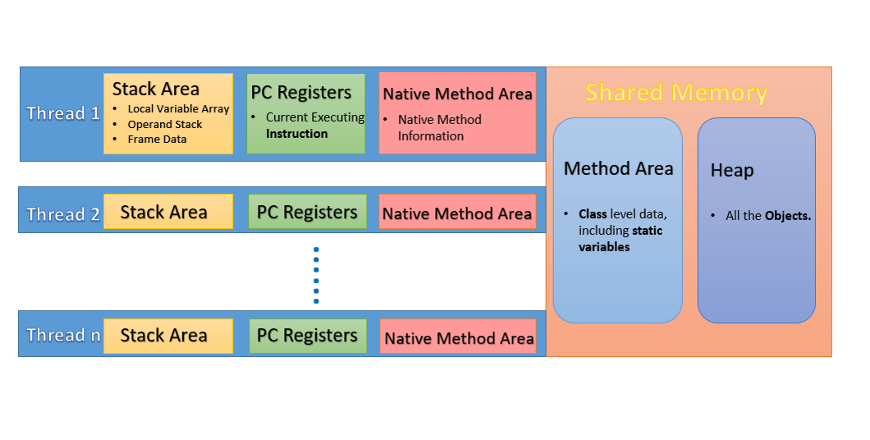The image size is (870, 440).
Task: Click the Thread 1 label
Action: pyautogui.click(x=62, y=113)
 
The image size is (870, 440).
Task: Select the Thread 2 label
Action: pyautogui.click(x=62, y=214)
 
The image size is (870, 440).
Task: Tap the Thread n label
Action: pyautogui.click(x=62, y=335)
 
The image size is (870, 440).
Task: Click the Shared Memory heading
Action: pyautogui.click(x=676, y=93)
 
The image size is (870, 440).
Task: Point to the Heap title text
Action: pyautogui.click(x=731, y=171)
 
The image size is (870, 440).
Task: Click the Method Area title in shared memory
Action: pyautogui.click(x=618, y=169)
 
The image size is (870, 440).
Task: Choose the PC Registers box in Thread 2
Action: pyautogui.click(x=307, y=212)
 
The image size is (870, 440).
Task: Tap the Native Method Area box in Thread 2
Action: pyautogui.click(x=457, y=213)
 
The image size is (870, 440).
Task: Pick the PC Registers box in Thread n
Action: pyautogui.click(x=307, y=336)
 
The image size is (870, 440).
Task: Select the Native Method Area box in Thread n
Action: pyautogui.click(x=458, y=337)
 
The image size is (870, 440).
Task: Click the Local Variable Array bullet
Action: pyautogui.click(x=178, y=109)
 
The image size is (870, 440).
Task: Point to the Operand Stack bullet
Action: pyautogui.click(x=164, y=125)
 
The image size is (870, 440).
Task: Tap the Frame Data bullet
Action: pyautogui.click(x=157, y=140)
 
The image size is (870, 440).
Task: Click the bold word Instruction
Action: pyautogui.click(x=296, y=134)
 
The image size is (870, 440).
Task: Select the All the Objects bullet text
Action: pyautogui.click(x=767, y=216)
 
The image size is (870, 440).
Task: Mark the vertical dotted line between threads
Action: pyautogui.click(x=316, y=275)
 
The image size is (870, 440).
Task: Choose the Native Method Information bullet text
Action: pyautogui.click(x=438, y=128)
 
